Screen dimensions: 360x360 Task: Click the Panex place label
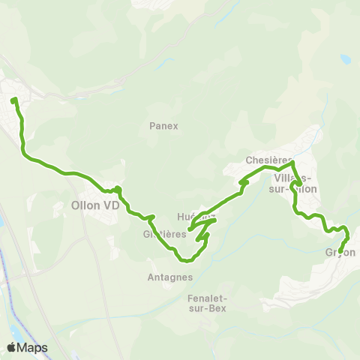point(163,126)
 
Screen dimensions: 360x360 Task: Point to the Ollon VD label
point(95,204)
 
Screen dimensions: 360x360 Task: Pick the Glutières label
point(164,233)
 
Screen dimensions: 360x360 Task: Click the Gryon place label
point(340,253)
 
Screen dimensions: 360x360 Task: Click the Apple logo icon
point(12,347)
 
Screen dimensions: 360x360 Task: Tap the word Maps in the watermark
point(33,347)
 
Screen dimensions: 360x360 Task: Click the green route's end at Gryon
point(340,251)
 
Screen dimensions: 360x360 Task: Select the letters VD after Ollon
point(112,204)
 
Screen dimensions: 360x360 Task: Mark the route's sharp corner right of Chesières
point(292,162)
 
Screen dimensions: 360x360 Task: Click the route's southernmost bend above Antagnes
point(185,261)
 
